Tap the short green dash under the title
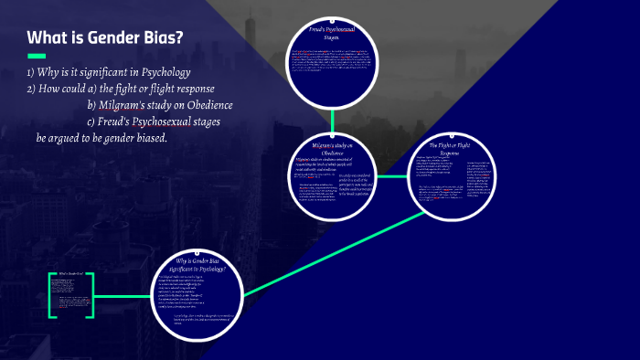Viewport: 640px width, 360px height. [x=37, y=57]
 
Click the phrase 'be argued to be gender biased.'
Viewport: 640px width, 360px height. [x=101, y=138]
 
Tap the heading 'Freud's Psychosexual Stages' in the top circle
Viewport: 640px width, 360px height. [x=331, y=34]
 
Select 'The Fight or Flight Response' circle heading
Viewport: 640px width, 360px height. [x=454, y=148]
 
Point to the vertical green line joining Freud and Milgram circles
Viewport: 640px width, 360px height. [x=332, y=119]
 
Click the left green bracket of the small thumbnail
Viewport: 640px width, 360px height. [x=51, y=294]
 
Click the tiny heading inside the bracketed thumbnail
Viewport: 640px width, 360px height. [x=73, y=274]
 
